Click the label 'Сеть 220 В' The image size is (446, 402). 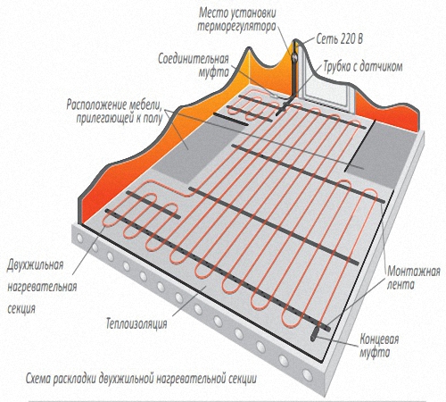[340, 39]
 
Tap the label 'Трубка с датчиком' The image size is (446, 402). [363, 67]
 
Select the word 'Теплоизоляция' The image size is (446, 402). [136, 323]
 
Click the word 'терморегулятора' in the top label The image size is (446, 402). [236, 27]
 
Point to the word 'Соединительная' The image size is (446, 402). [194, 59]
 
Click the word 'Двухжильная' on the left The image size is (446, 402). [36, 265]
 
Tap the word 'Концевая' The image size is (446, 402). [379, 339]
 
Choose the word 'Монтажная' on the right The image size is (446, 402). [414, 272]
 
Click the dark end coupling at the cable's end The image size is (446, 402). [315, 334]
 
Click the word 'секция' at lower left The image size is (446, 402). [21, 309]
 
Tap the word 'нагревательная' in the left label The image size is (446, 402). [42, 287]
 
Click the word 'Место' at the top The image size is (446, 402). [211, 13]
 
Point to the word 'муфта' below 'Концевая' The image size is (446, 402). [375, 353]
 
